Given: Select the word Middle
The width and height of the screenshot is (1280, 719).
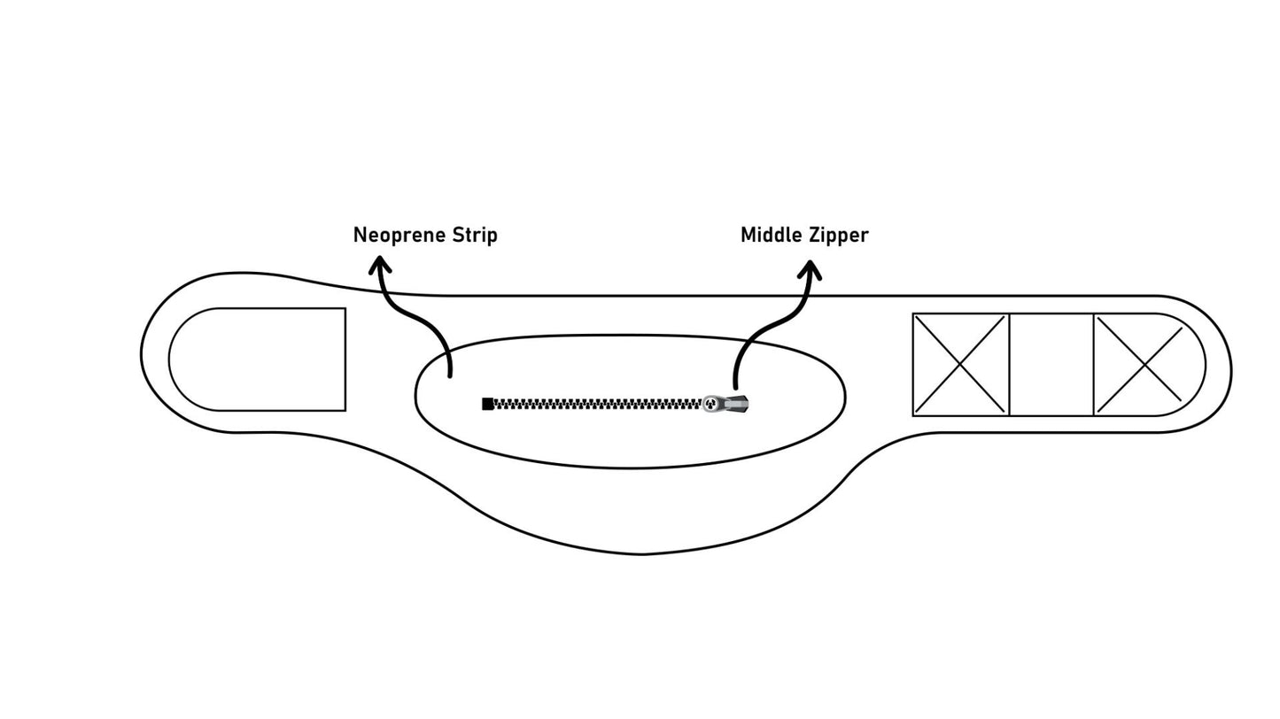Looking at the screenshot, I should click(x=771, y=236).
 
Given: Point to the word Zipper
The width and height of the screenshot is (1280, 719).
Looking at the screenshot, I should click(x=838, y=236).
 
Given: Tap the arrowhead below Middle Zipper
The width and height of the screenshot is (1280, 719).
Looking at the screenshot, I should click(x=810, y=268).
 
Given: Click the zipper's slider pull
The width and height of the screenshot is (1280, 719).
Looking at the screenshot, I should click(x=726, y=404).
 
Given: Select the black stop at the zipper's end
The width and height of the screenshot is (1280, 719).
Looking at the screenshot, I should click(x=487, y=404).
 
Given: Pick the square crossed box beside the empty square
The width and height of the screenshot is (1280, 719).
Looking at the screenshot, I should click(x=961, y=364).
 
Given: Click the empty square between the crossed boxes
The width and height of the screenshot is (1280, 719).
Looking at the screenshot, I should click(x=1051, y=364).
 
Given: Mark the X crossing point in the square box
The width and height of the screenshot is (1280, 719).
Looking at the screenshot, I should click(x=961, y=364).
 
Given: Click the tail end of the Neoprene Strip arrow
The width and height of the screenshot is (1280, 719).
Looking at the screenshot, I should click(x=450, y=375).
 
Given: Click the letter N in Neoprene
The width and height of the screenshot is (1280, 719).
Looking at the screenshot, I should click(x=360, y=236).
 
